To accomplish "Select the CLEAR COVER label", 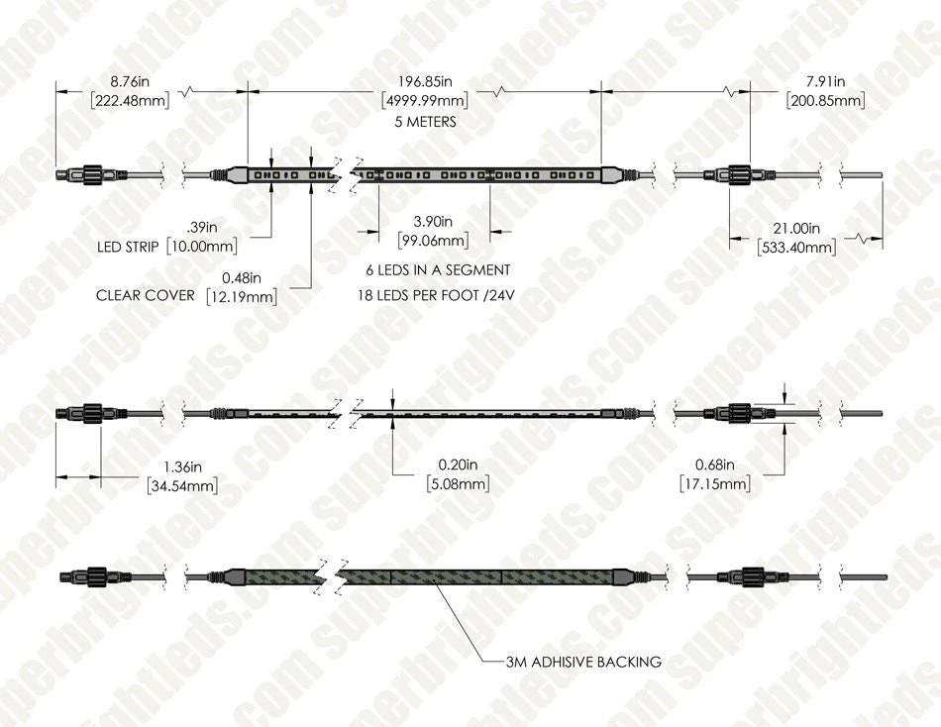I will (x=145, y=295).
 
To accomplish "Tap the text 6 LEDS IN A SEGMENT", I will (x=436, y=269).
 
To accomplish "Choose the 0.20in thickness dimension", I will (x=459, y=465).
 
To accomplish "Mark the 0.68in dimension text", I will (x=714, y=465).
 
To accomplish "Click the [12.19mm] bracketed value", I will (x=243, y=295).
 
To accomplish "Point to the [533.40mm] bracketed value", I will (x=795, y=247).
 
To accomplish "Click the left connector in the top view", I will (x=78, y=175).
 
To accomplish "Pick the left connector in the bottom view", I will (x=83, y=576).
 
